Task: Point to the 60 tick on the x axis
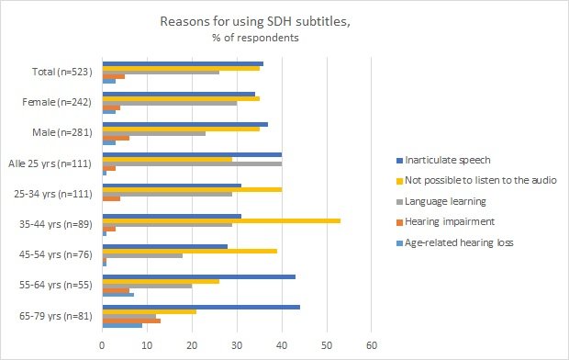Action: coord(372,346)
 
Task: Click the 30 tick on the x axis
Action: coord(237,346)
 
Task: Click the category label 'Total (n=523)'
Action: coord(66,71)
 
